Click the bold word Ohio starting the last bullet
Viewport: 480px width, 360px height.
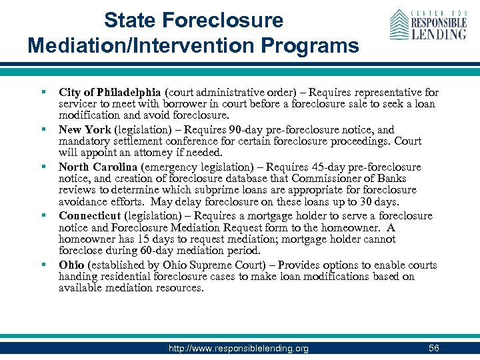71,265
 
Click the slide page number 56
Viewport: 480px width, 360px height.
434,348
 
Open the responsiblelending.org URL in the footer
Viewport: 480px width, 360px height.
238,349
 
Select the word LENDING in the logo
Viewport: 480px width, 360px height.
438,33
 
